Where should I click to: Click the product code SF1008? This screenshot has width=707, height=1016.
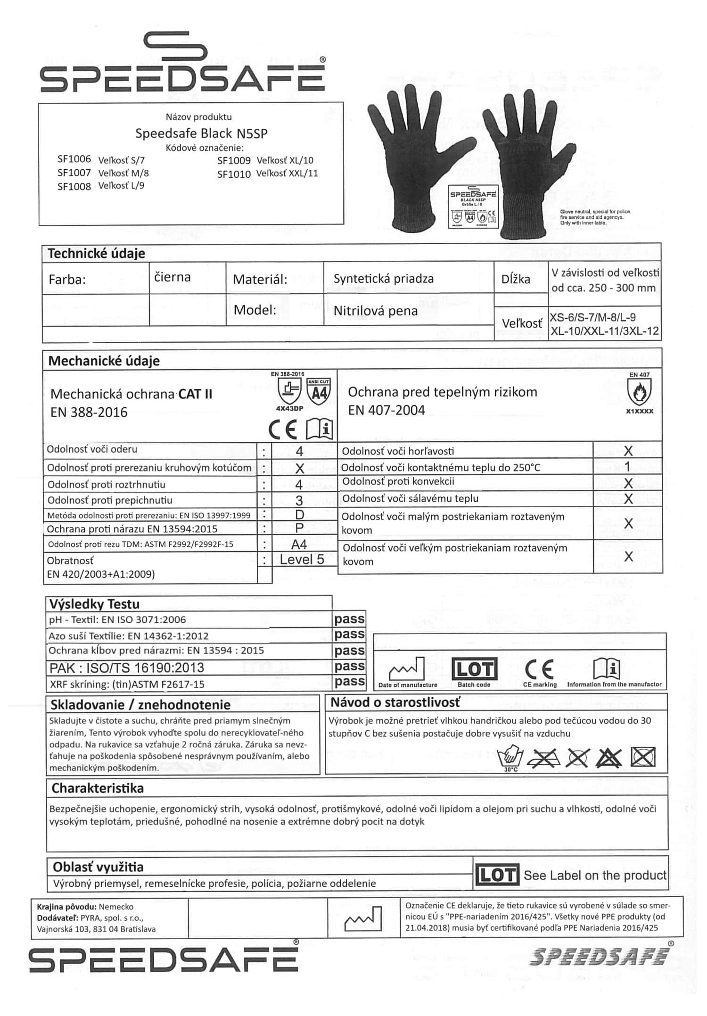coord(74,187)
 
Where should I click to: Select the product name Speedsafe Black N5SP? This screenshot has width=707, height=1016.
coord(201,133)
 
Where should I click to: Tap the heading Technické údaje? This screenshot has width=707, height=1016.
coord(96,254)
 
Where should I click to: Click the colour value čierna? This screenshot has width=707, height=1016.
coord(173,277)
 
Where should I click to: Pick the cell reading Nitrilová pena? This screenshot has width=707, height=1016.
coord(375,311)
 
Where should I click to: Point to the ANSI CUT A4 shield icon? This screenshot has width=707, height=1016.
coord(319,391)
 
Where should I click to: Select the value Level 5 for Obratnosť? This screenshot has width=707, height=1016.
coord(302,560)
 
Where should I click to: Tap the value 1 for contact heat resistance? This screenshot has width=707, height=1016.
coord(627,467)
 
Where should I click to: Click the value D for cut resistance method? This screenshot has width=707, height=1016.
coord(299,515)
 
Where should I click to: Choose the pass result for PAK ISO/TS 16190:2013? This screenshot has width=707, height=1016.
coord(349,666)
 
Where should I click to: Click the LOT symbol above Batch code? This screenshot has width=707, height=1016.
coord(474,669)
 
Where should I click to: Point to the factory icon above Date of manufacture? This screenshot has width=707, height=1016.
coord(407,669)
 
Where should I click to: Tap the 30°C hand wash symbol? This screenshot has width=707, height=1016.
coord(510,758)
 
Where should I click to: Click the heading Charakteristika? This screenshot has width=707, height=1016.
coord(98,788)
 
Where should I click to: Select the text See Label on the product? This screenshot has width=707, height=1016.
coord(595,876)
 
